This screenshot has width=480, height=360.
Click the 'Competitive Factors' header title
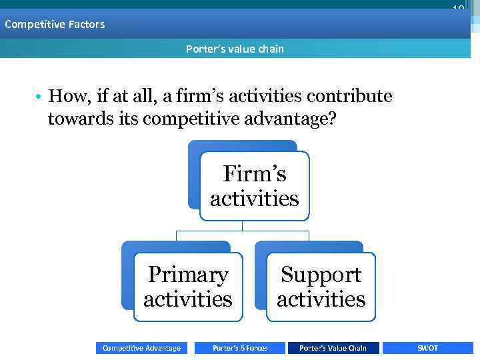tap(55, 25)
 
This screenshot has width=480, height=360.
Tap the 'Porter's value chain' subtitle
tap(235, 49)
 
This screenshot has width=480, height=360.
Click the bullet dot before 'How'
tap(40, 97)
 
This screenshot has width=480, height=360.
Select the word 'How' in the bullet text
tap(63, 97)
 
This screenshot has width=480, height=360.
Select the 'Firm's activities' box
tap(254, 186)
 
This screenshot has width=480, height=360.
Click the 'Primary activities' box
tap(187, 287)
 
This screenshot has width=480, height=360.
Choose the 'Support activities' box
tap(321, 287)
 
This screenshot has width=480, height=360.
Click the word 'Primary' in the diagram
tap(188, 275)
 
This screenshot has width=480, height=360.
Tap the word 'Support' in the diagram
tap(321, 275)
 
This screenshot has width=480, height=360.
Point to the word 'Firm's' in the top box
tap(254, 174)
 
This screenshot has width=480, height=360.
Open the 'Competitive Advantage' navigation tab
tap(141, 348)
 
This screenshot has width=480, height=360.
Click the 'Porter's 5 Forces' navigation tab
tap(240, 348)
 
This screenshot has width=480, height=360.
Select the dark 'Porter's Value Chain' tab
tap(333, 348)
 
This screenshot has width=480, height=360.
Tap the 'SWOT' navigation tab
tap(427, 348)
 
